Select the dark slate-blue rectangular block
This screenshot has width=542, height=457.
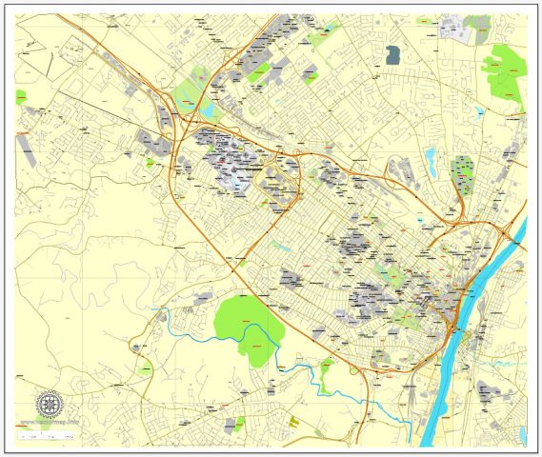(x=392, y=55)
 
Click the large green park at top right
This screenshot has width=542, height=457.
(x=505, y=71)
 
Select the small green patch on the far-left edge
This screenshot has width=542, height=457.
(x=20, y=96)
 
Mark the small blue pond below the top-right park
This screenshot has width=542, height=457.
(x=481, y=112)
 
